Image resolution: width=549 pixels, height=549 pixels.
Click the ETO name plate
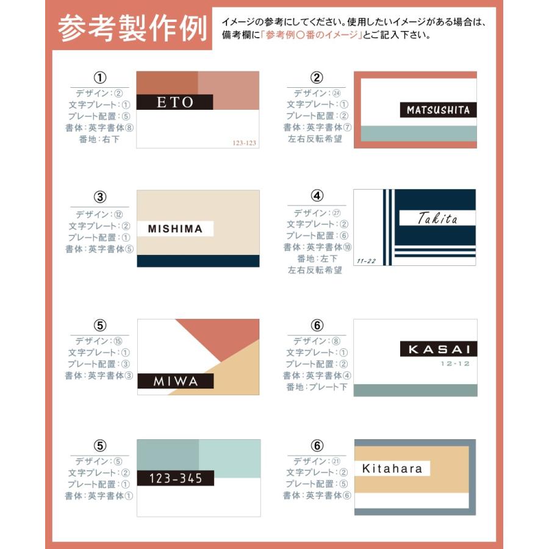click(174, 102)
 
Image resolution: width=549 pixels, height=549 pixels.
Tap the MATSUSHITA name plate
click(438, 110)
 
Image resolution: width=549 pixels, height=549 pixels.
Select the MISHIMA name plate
click(175, 229)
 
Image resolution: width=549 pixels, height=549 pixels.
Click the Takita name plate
click(437, 218)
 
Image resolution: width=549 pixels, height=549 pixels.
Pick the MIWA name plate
click(176, 381)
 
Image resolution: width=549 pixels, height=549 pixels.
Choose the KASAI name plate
click(438, 349)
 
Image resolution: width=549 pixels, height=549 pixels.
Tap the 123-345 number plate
click(176, 478)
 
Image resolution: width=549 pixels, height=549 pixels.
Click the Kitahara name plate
click(392, 468)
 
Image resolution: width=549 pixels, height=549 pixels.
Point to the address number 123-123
click(245, 143)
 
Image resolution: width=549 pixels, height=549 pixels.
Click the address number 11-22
click(366, 260)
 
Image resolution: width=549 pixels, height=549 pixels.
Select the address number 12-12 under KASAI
click(454, 364)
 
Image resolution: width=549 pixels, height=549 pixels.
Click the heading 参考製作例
click(132, 29)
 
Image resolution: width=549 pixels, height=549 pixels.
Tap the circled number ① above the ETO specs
click(99, 78)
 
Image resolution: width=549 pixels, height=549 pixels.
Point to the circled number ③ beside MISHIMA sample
click(99, 197)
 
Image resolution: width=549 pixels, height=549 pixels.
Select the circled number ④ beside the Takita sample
click(316, 196)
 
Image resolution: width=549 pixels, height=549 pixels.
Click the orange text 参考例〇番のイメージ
click(310, 35)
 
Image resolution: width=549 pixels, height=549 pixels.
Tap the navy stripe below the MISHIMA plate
click(198, 261)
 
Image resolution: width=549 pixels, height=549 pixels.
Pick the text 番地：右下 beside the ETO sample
click(99, 139)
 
